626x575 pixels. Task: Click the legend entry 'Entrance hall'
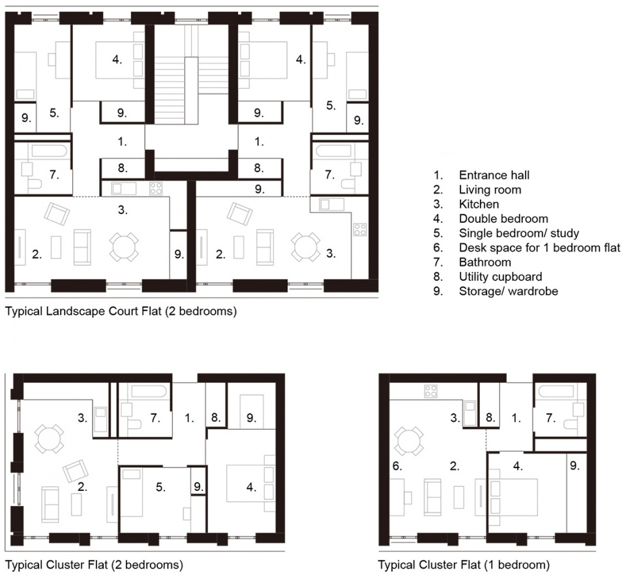pos(494,175)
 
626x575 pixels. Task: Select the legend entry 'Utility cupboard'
pos(500,276)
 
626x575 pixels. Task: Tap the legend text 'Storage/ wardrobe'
pos(508,291)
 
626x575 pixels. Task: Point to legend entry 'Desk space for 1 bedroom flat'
pos(540,248)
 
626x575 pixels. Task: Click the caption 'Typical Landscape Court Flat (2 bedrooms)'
pos(121,311)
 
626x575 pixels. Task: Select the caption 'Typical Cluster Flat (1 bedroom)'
pos(464,565)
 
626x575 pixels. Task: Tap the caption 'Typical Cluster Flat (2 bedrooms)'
pos(94,565)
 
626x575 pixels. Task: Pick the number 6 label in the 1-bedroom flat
pos(397,466)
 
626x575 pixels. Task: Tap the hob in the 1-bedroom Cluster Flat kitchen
pos(431,391)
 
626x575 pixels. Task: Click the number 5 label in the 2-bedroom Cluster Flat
pos(160,487)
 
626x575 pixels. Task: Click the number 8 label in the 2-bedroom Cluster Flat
pos(216,418)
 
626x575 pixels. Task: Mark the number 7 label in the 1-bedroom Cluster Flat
pos(550,418)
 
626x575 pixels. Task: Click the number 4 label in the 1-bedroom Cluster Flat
pos(517,466)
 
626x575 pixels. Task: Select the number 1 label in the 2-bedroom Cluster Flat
pos(189,418)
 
